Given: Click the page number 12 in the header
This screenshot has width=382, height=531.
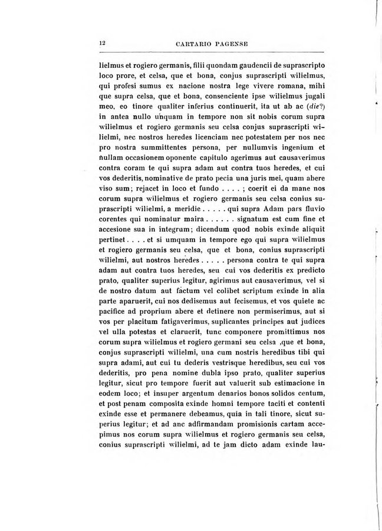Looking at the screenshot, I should coord(102,43).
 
